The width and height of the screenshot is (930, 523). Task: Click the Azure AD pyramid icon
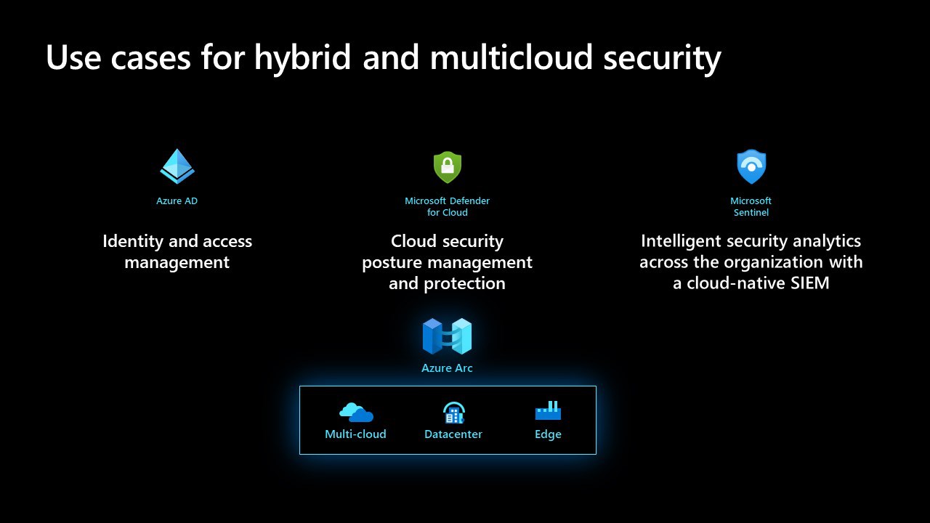click(x=177, y=166)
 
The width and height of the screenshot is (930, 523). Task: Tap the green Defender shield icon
click(x=447, y=167)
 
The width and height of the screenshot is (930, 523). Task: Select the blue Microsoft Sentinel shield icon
click(x=751, y=166)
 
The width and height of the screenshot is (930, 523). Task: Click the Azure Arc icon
click(x=447, y=336)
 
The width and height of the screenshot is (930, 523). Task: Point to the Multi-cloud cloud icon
click(x=356, y=412)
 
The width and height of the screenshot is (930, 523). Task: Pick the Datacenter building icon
click(x=454, y=413)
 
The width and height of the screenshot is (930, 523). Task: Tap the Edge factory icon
click(x=548, y=410)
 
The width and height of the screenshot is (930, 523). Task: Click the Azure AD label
click(x=177, y=201)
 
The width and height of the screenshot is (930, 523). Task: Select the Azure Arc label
click(x=447, y=368)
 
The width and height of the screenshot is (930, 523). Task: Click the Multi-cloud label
click(x=355, y=434)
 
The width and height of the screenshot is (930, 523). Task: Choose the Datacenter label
click(x=453, y=434)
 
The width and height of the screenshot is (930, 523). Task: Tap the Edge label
click(x=548, y=434)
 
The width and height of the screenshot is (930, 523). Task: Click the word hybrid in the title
click(x=303, y=58)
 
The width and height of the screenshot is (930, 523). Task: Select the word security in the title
click(x=662, y=59)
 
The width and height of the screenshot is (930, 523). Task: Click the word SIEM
click(x=809, y=283)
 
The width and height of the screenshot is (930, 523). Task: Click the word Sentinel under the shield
click(x=751, y=213)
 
